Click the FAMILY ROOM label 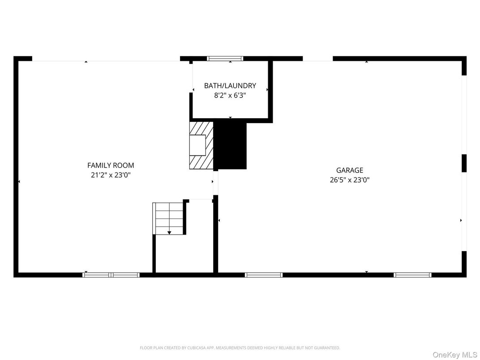tap(111, 165)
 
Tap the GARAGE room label tap(350, 170)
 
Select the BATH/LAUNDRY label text tap(230, 86)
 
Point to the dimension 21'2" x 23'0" tap(111, 175)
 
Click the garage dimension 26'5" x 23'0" tap(350, 180)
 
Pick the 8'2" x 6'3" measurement tap(230, 95)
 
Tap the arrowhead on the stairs tap(169, 232)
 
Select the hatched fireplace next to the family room tap(201, 145)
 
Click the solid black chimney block tap(231, 145)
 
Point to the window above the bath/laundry tap(225, 58)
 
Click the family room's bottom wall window tap(111, 274)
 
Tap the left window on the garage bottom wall tap(264, 274)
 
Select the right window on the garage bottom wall tap(412, 274)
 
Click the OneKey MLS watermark tap(455, 354)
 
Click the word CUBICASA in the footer tap(202, 348)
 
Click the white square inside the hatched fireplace tap(197, 145)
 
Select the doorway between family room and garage tap(215, 183)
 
